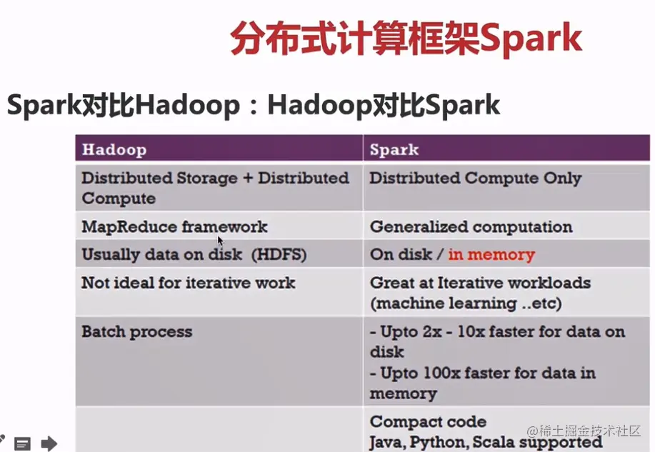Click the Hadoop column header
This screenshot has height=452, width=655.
(x=114, y=149)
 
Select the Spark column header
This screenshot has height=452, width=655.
(x=394, y=149)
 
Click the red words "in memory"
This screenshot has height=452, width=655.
(x=491, y=254)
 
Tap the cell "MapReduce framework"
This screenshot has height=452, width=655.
(x=174, y=227)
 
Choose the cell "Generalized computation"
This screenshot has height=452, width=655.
(x=471, y=227)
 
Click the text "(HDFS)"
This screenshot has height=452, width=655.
(x=279, y=254)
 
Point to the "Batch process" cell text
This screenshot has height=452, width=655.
(x=136, y=332)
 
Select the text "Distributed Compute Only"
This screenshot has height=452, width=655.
(x=476, y=179)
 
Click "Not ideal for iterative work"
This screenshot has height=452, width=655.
(x=188, y=283)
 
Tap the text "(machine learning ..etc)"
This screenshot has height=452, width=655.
(x=466, y=303)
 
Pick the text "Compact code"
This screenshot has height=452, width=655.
(x=428, y=422)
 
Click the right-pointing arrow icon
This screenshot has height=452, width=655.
(x=49, y=443)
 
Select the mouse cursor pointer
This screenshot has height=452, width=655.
(x=221, y=241)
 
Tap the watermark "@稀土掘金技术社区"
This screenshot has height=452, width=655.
(x=584, y=431)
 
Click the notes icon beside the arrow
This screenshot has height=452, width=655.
(x=22, y=443)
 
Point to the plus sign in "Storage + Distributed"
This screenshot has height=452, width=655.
(x=248, y=178)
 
